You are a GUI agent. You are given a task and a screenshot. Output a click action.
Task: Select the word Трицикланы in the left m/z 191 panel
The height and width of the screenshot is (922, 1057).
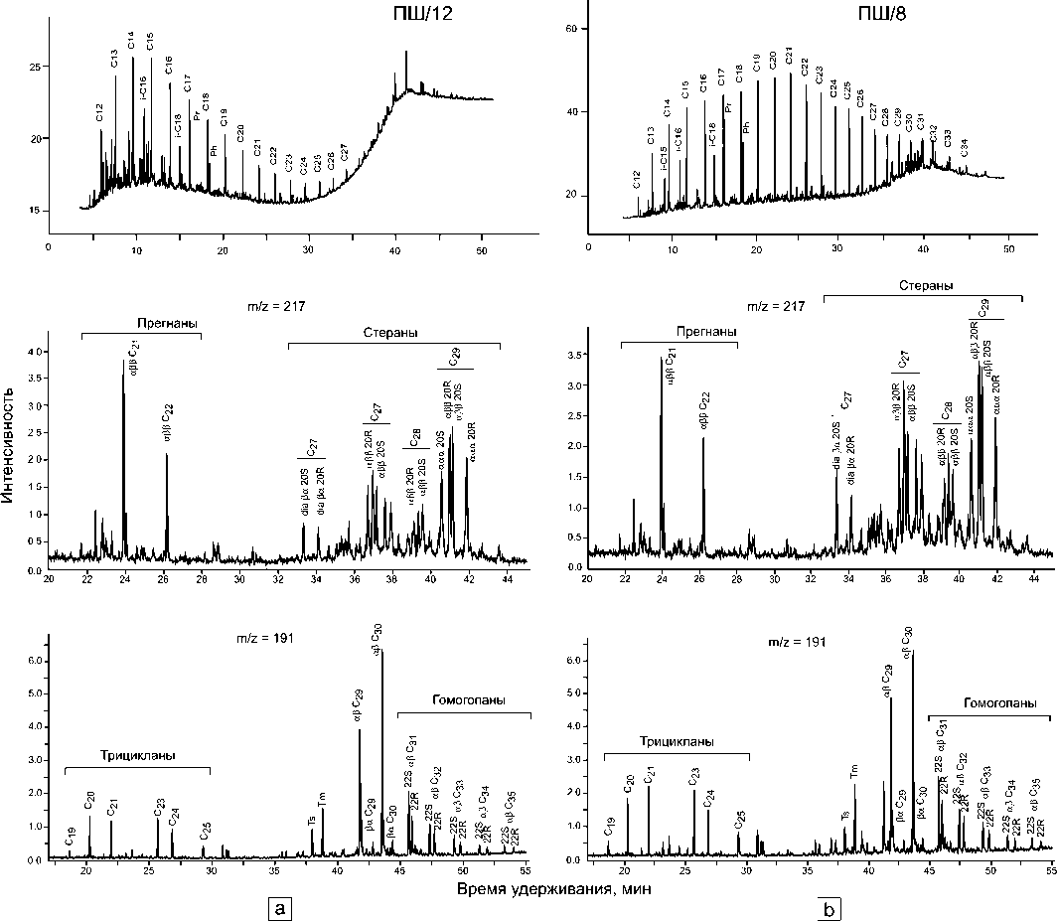tap(137, 756)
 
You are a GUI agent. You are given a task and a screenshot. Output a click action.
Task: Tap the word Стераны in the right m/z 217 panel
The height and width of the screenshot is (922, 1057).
tap(924, 285)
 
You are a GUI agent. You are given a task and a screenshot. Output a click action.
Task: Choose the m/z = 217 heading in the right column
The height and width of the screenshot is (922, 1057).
tap(779, 307)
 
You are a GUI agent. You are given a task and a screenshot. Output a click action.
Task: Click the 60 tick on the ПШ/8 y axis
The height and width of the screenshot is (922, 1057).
tap(570, 29)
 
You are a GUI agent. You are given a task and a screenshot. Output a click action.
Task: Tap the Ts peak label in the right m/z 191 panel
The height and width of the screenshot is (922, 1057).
tap(843, 806)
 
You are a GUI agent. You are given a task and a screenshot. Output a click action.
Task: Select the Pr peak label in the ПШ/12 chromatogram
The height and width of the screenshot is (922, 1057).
tap(197, 116)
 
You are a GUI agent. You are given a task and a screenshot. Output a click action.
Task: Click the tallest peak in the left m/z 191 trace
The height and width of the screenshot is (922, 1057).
tap(382, 651)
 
